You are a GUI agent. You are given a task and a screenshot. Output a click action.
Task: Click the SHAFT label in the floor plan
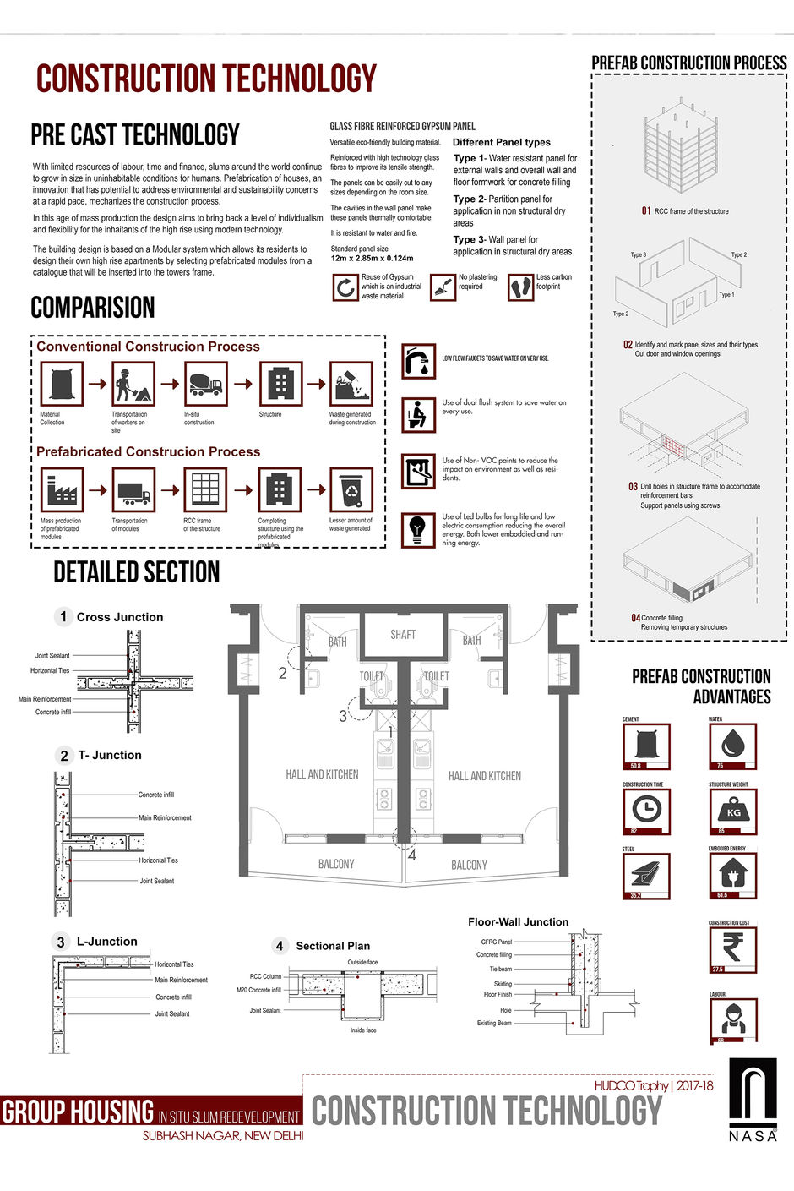point(403,635)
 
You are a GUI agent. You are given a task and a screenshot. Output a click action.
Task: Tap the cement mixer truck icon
point(204,384)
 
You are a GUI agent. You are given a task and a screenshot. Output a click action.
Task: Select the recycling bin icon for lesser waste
point(351,489)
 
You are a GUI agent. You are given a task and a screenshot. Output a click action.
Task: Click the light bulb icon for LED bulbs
point(417,528)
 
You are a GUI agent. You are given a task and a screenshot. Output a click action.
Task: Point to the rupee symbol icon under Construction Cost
point(732,947)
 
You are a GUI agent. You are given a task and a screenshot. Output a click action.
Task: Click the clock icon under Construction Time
point(646,809)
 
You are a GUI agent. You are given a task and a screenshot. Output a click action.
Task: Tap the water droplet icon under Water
point(731,744)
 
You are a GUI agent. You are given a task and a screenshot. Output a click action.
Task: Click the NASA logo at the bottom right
point(753,1099)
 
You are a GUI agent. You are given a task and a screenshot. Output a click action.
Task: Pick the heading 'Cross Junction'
point(120,617)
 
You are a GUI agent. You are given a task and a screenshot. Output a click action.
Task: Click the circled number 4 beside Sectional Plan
point(280,946)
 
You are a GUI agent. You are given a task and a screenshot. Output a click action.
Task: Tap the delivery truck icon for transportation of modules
point(133,490)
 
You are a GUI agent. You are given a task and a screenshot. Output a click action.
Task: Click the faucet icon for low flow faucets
point(417,361)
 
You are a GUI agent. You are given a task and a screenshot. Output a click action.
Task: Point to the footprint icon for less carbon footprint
point(521,287)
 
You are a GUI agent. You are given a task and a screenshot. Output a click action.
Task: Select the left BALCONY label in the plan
point(336,864)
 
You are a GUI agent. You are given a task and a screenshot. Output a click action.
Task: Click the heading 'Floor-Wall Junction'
point(518,922)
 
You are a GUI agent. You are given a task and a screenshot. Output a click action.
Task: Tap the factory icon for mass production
point(62,489)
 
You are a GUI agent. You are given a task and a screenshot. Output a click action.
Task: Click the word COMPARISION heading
point(93,308)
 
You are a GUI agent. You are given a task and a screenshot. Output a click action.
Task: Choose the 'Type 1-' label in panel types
point(470,158)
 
